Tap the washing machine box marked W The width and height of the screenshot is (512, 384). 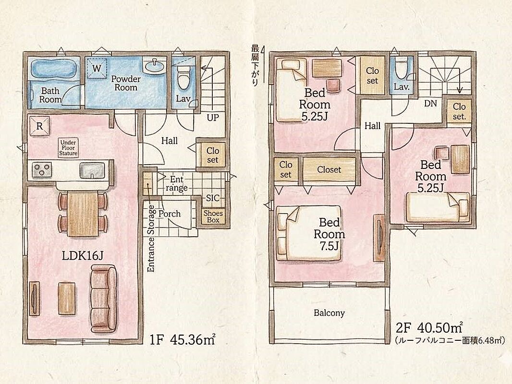pos(97,68)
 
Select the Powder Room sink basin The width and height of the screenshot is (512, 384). pos(154,66)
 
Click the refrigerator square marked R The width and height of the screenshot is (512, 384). pos(39,126)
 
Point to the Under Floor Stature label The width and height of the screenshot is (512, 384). pos(68,148)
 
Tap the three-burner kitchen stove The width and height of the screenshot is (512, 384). pos(42,169)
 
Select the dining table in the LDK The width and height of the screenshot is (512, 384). pos(83,214)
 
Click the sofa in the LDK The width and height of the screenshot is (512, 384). pos(104,298)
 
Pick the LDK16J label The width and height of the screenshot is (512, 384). pos(82,256)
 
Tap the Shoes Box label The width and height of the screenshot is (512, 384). pos(213,216)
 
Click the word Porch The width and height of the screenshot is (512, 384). pos(170,214)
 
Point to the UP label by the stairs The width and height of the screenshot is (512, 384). pos(213,117)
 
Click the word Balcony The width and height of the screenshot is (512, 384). pos(329,313)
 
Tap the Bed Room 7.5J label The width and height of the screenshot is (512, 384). pos(329,234)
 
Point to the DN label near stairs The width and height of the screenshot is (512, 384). pos(430,103)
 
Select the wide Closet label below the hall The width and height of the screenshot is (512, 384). pos(329,169)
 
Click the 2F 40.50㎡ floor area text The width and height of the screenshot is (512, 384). pos(429,327)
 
